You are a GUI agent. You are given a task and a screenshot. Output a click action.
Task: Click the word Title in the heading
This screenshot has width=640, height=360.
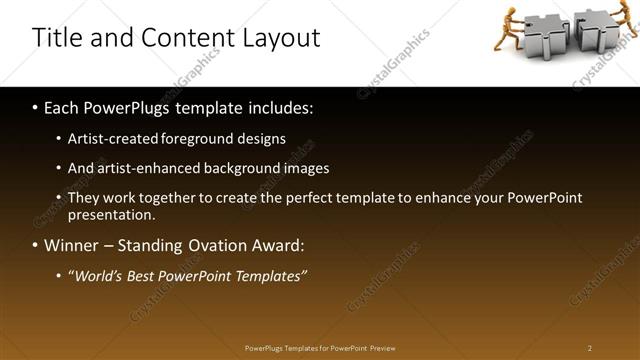point(56,38)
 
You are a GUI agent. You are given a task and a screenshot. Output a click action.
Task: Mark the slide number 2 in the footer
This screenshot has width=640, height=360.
point(589,348)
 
